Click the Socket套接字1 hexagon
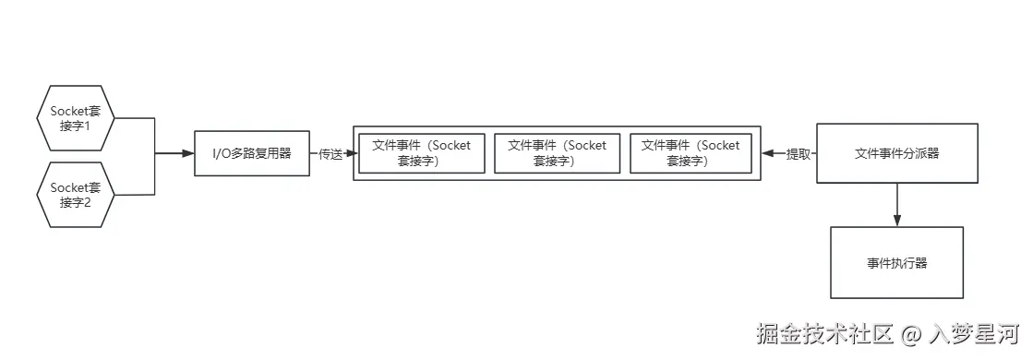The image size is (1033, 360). pos(76,119)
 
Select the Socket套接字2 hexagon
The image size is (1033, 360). pos(76,195)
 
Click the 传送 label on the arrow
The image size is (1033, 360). pos(330,154)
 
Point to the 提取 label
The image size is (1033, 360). pos(798,154)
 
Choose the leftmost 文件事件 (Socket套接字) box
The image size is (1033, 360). pos(421,153)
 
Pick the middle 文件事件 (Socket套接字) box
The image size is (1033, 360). pos(557,153)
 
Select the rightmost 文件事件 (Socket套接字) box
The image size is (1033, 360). pos(691,153)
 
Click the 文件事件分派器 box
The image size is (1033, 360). pos(897,153)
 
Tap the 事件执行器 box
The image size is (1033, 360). pos(896,263)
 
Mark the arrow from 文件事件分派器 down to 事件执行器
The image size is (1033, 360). pos(897,204)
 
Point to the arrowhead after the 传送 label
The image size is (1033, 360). pos(349,154)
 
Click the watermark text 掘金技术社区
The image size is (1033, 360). pos(824,333)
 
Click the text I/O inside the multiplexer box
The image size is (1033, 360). pos(222,153)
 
